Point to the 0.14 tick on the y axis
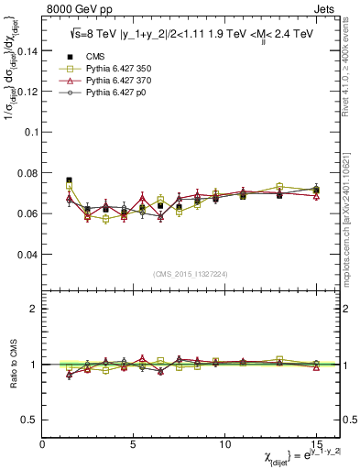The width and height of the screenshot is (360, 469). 27,51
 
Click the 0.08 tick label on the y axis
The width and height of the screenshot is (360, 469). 27,173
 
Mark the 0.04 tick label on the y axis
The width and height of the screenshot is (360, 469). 27,254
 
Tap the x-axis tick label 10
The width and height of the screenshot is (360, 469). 225,443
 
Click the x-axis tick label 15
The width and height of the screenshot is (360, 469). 316,443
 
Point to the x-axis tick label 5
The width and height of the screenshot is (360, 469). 134,443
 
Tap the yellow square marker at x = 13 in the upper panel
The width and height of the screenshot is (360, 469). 279,187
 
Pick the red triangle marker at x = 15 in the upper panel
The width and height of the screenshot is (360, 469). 316,196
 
